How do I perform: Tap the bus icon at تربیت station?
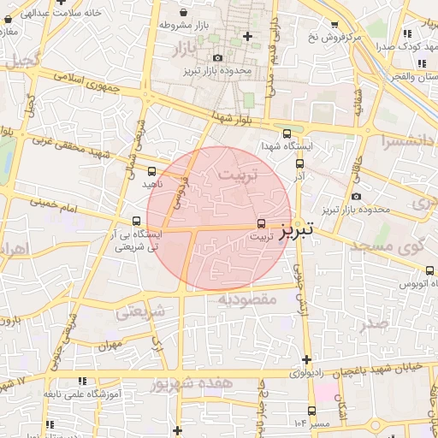[x=261, y=223]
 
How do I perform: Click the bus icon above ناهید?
[x=152, y=172]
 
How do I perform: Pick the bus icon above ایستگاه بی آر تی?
[x=137, y=221]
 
